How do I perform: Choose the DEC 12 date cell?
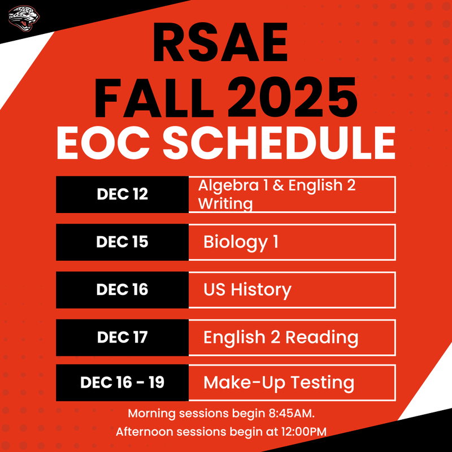coord(122,194)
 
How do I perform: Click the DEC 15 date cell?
coord(122,242)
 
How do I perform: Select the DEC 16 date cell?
coord(122,289)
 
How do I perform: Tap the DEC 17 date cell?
coord(122,337)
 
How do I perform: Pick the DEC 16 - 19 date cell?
coord(122,383)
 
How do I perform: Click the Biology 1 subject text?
coord(241,242)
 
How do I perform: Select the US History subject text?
coord(247,290)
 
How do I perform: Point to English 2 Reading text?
coord(280,338)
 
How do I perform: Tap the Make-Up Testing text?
coord(279,383)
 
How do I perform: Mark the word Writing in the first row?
coord(225,203)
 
